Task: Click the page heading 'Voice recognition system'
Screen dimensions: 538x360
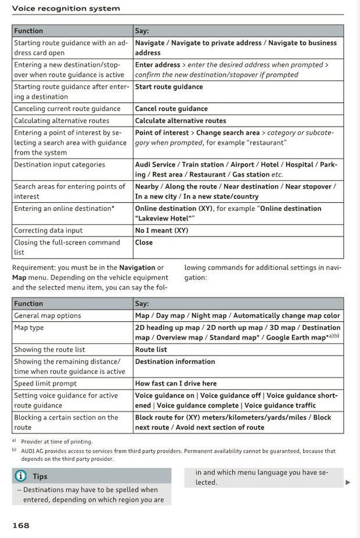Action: [66, 8]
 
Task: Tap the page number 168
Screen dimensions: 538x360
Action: [21, 525]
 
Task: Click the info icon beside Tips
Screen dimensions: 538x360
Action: [20, 476]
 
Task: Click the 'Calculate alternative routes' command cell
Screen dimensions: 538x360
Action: [181, 121]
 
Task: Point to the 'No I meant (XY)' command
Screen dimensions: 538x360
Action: [161, 231]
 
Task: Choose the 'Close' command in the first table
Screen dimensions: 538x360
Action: [144, 243]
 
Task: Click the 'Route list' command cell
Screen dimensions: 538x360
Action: [151, 350]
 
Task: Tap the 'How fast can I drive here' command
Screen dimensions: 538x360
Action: [176, 383]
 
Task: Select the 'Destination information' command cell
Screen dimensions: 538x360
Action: [175, 362]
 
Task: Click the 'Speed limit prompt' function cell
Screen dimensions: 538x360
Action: [45, 383]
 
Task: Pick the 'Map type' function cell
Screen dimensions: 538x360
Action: [29, 328]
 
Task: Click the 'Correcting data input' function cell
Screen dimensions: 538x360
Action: [48, 231]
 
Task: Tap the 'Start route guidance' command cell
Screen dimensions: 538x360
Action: [169, 87]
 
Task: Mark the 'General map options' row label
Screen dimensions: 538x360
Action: [48, 315]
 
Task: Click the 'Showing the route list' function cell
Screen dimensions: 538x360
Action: [49, 350]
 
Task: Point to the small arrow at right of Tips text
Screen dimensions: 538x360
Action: [348, 482]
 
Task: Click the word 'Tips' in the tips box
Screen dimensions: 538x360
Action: [40, 476]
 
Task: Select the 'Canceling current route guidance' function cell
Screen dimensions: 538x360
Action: [67, 109]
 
